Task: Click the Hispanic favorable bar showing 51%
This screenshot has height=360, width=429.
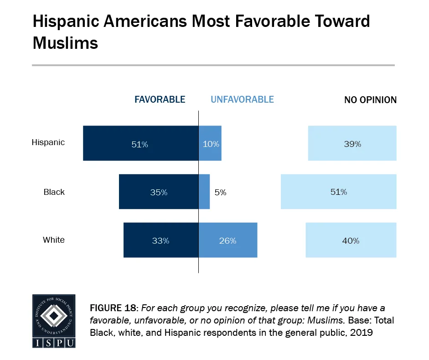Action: point(140,143)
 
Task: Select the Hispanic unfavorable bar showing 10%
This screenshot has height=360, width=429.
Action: point(210,143)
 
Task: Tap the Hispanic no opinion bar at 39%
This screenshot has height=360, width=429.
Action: point(352,143)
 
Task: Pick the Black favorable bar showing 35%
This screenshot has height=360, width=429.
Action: point(159,192)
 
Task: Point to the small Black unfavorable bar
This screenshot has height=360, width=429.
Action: point(204,192)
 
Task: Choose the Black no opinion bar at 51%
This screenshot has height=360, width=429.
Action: point(338,192)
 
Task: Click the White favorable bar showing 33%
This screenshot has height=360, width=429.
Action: point(161,240)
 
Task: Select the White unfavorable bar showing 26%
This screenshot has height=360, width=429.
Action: point(228,240)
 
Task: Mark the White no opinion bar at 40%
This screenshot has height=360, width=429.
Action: point(351,240)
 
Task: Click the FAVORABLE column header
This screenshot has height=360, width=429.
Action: point(159,99)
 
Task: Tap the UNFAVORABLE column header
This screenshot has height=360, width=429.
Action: point(242,99)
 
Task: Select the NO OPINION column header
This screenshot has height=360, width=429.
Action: point(370,99)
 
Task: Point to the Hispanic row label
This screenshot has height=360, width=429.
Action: point(48,142)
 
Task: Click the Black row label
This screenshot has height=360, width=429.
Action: point(54,192)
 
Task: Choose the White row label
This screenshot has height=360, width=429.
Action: point(54,240)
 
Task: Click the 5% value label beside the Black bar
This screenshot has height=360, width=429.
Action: point(221,192)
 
